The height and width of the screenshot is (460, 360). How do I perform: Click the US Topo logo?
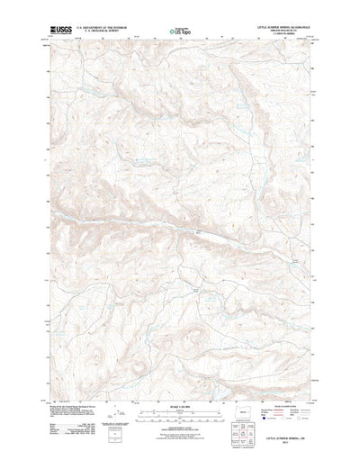pyautogui.click(x=179, y=32)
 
